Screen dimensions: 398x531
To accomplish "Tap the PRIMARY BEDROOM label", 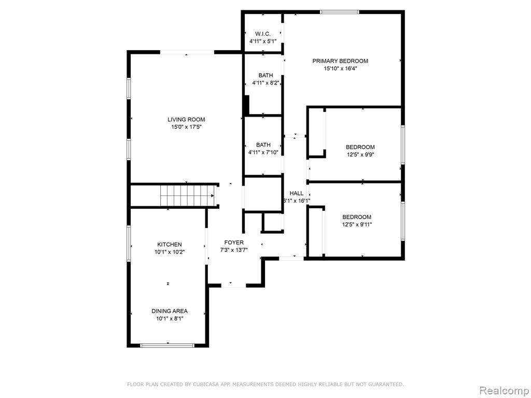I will tap(340, 61).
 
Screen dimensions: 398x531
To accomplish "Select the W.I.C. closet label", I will tap(263, 34).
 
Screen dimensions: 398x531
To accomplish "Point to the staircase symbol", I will tap(187, 196).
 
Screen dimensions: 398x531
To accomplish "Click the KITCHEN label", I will tap(170, 244).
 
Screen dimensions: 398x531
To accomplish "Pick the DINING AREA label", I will tap(170, 311).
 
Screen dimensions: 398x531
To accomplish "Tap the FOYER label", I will tap(234, 243).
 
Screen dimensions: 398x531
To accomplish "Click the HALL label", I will tap(297, 193).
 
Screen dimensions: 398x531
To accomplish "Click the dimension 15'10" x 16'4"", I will tap(340, 68).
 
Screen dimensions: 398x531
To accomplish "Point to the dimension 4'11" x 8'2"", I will tap(265, 82).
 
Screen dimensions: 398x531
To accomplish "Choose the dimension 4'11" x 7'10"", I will tap(263, 152).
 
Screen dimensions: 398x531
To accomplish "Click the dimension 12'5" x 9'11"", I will tap(357, 224).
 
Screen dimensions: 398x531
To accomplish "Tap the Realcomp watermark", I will tap(504, 389).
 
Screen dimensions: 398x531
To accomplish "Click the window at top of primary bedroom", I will tap(340, 11).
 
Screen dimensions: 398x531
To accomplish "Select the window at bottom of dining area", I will tap(167, 345).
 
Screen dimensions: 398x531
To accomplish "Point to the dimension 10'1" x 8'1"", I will tap(170, 319).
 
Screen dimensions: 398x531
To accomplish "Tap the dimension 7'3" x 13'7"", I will tap(234, 250).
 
